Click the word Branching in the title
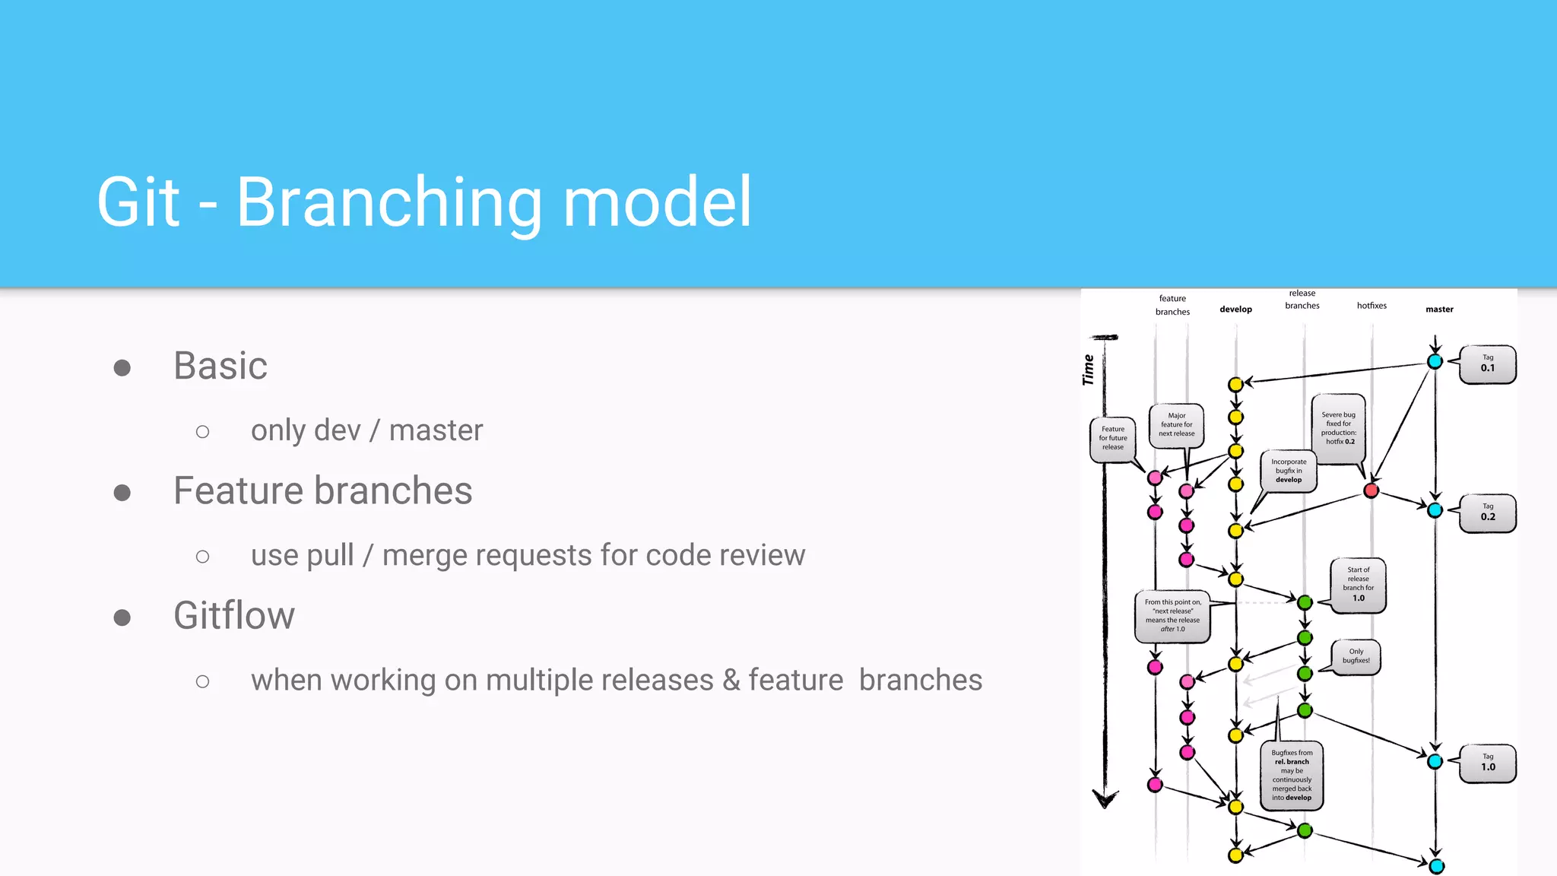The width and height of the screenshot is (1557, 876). coord(388,202)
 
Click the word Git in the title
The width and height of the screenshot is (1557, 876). coord(138,202)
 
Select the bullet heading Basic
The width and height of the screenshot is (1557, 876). coord(220,366)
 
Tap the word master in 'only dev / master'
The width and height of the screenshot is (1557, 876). coord(436,430)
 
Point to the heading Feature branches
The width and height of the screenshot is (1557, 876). coord(322,490)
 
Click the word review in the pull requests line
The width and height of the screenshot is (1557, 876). coord(763,555)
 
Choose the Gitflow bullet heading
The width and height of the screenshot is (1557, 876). coord(234,615)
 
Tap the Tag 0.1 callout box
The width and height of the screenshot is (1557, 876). coord(1488,364)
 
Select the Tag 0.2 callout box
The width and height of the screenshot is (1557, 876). coord(1488,513)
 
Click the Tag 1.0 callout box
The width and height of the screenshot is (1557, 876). coord(1488,763)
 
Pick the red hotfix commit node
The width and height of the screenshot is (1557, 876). coord(1371,490)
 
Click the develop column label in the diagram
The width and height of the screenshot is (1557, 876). coord(1235,309)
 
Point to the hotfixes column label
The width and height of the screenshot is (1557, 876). coord(1371,306)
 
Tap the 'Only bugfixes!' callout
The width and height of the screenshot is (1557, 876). coord(1356,656)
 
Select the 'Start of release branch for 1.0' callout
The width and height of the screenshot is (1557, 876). coord(1359,585)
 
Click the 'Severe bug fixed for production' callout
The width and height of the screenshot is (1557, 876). coord(1339,429)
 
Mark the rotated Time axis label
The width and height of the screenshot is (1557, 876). coord(1088,370)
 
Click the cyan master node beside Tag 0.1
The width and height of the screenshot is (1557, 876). coord(1435,362)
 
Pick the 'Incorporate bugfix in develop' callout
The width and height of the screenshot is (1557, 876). coord(1289,471)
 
